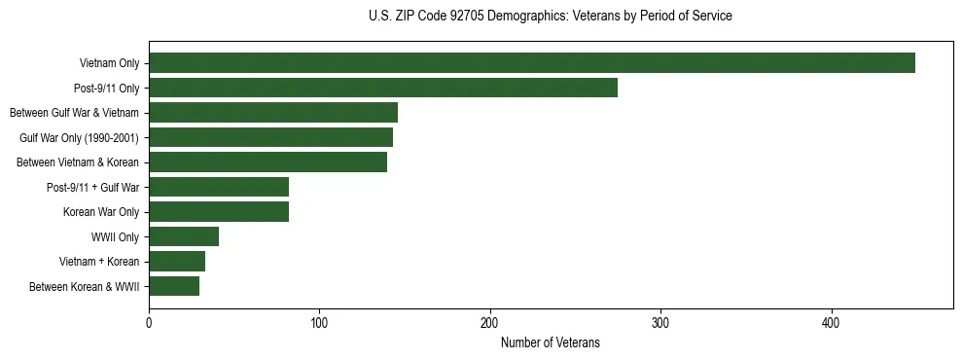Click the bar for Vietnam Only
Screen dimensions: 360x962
pos(531,63)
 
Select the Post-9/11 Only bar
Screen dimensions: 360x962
pos(383,88)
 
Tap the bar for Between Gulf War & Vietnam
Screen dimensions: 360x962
pos(273,113)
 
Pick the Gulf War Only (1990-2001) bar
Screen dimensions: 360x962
pos(270,137)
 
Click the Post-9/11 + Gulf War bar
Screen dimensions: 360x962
pos(219,187)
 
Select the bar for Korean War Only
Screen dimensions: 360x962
pos(219,211)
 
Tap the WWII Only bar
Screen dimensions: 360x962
pos(184,236)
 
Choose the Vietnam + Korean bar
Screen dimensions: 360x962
pos(177,261)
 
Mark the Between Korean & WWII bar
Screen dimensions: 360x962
pos(174,286)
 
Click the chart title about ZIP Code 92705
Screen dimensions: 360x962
pos(551,16)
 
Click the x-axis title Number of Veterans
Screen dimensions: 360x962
pos(551,343)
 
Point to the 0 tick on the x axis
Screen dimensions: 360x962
pos(149,322)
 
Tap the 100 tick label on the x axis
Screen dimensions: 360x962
pos(319,322)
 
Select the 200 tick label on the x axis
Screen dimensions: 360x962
pos(490,322)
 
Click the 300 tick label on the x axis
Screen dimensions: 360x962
pos(660,322)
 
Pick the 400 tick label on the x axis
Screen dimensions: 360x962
pos(831,322)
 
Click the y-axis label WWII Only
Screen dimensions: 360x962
pos(115,236)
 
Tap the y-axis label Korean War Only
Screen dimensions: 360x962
pos(101,212)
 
